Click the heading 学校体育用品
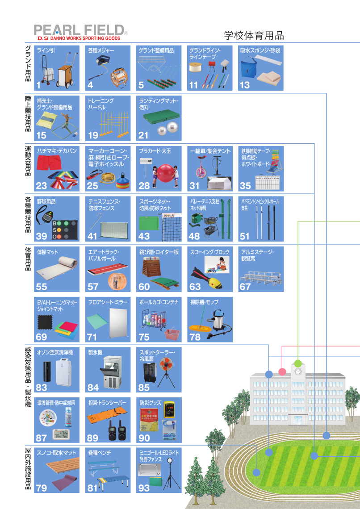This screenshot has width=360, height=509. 254,35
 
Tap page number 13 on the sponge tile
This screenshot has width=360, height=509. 245,84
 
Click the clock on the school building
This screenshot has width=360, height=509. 298,371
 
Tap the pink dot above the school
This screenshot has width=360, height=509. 282,371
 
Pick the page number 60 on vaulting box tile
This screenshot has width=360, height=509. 144,287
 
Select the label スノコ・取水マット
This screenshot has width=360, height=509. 57,453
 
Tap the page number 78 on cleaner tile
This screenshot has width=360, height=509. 195,337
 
